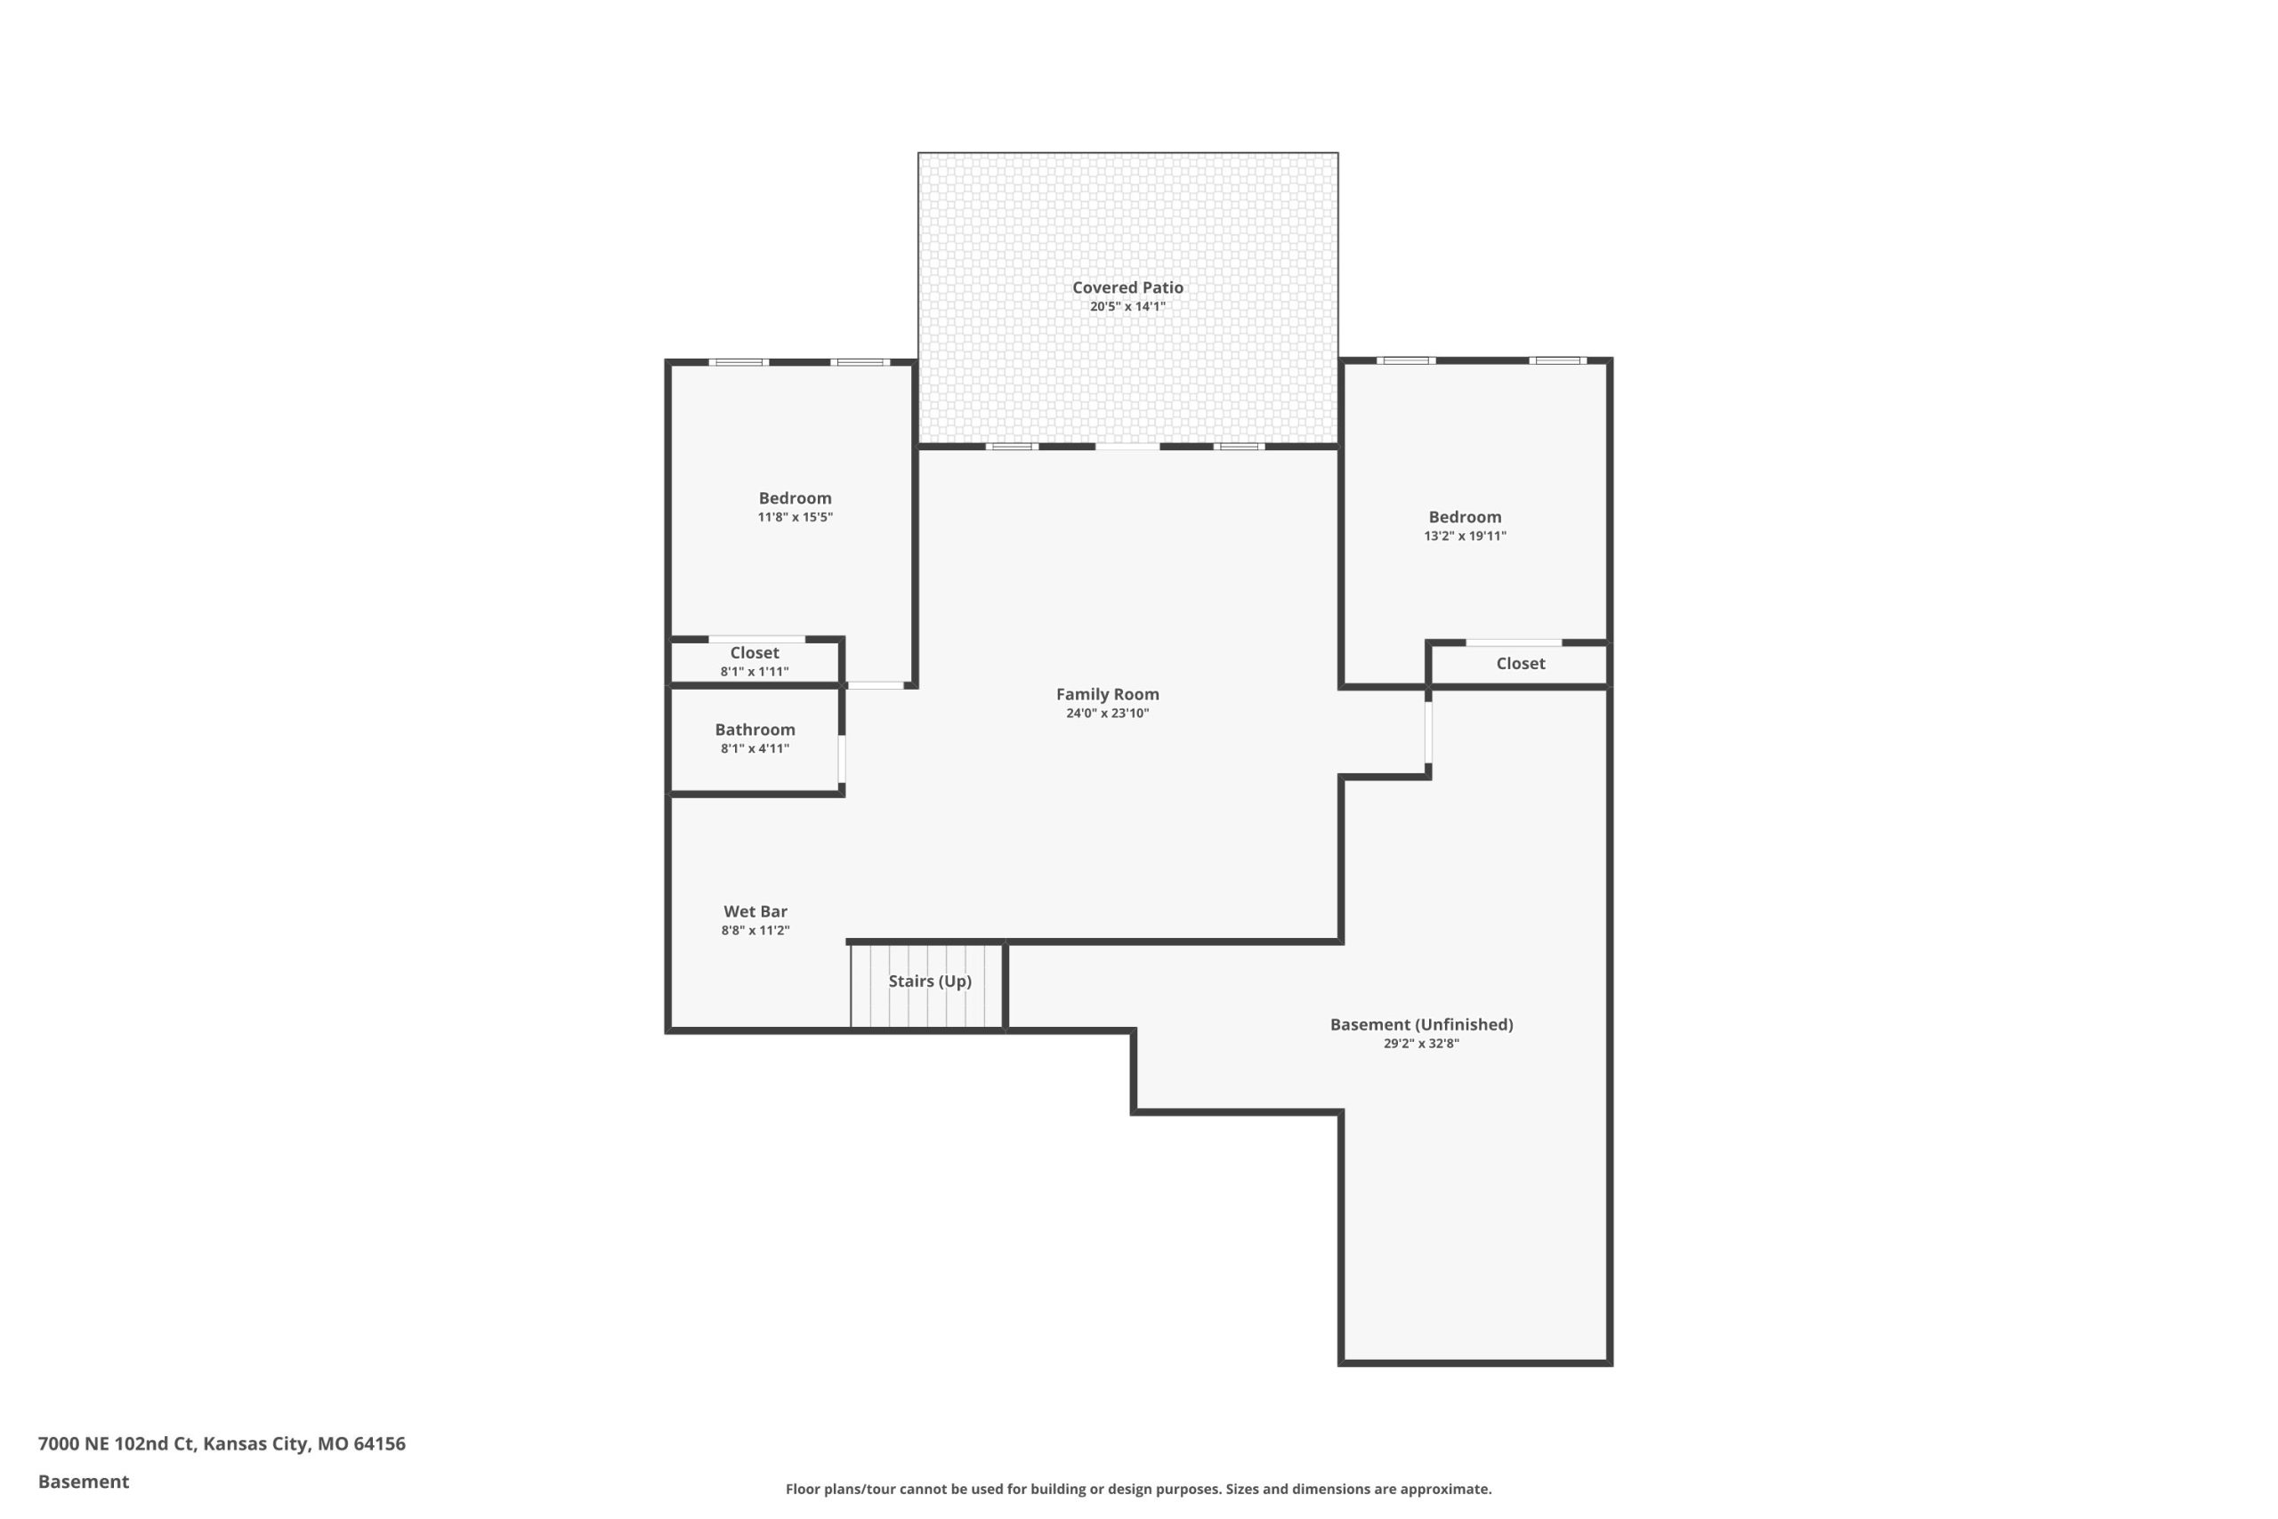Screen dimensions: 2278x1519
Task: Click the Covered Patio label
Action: coord(1127,287)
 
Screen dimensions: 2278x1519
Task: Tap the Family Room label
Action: coord(1107,695)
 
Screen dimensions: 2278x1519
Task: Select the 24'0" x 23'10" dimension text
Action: coord(1107,714)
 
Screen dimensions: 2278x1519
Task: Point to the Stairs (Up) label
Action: coord(930,982)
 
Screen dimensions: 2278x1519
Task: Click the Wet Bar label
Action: coord(755,911)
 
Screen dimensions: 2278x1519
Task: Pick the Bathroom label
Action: coord(755,731)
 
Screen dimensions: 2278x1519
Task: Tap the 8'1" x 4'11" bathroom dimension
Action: coord(755,749)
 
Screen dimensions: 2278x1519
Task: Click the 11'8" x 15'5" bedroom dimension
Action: coord(796,517)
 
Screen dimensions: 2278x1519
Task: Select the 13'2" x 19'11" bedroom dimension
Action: coord(1465,536)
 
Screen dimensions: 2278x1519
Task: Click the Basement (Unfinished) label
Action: coord(1421,1025)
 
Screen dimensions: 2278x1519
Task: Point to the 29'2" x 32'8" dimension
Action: coord(1421,1043)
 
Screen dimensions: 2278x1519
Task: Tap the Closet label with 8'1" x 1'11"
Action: coord(755,653)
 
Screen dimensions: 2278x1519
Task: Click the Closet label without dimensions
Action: coord(1521,664)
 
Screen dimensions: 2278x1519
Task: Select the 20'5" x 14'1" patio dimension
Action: coord(1127,307)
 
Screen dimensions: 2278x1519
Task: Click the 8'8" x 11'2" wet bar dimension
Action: coord(755,931)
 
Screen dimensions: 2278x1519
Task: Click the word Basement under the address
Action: coord(84,1483)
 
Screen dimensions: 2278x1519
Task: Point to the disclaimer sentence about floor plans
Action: coord(1138,1489)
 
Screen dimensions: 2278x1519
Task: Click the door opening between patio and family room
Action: coord(1127,447)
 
